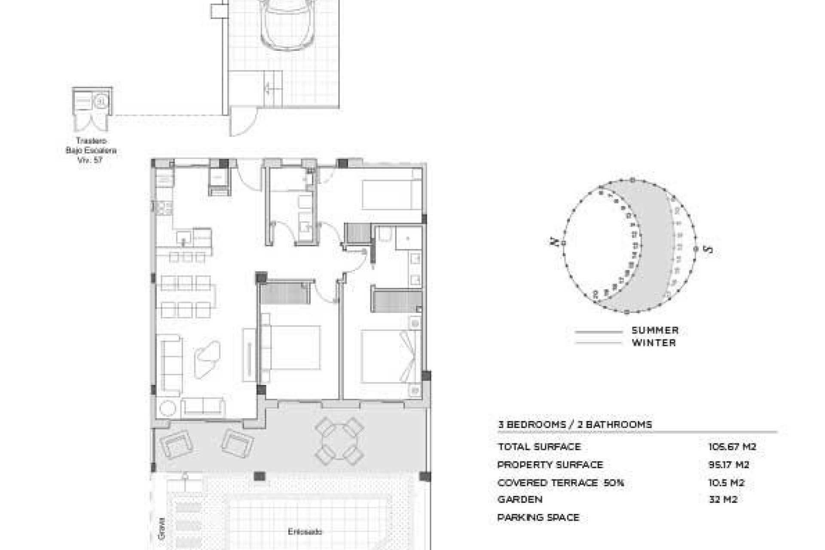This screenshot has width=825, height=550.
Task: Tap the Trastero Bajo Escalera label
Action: click(91, 150)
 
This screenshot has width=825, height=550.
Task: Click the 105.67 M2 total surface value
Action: click(732, 447)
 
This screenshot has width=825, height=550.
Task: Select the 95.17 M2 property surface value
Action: click(729, 465)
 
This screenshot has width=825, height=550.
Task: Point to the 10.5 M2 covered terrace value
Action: click(726, 483)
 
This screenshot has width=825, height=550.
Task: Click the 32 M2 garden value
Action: click(724, 500)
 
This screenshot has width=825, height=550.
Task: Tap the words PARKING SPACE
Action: click(538, 518)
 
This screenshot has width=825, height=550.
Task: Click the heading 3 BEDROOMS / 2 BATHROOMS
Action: click(575, 425)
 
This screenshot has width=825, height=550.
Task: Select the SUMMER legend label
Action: click(655, 330)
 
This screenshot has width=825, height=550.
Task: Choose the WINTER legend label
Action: click(654, 343)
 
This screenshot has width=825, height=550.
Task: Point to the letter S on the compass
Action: click(708, 249)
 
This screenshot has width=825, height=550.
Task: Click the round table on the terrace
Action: click(339, 441)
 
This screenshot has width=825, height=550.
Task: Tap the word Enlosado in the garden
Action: click(305, 532)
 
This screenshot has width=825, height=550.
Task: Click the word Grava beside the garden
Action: click(162, 528)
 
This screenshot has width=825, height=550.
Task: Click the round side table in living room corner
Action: click(167, 408)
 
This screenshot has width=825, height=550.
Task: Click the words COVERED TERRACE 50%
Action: click(560, 483)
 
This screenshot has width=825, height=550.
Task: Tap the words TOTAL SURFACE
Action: click(539, 447)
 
